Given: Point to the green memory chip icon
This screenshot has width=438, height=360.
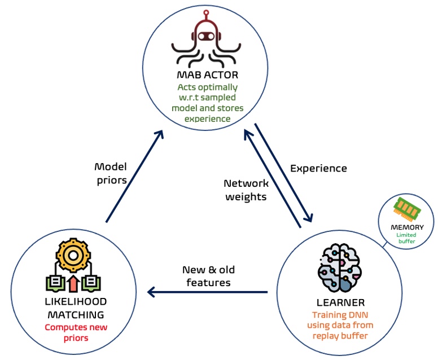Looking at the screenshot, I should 408,209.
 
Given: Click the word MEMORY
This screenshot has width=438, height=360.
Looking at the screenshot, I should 408,227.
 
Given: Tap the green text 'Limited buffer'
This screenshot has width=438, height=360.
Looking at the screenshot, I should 407,238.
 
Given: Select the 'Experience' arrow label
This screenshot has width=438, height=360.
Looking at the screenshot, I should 318,168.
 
